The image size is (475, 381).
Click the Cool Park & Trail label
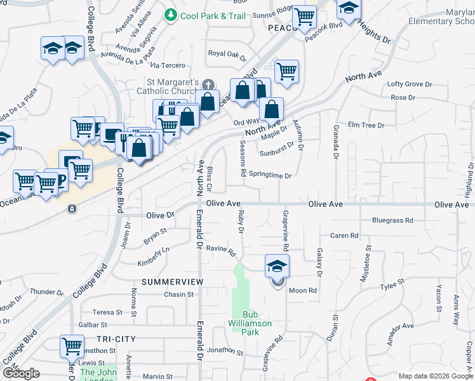pos(212,15)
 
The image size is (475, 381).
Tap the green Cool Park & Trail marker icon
pos(170,15)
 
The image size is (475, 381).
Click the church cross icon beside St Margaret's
pos(207,83)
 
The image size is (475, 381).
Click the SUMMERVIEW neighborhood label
pos(172,281)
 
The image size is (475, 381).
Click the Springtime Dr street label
pos(270,175)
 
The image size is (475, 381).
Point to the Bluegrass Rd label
pos(392,220)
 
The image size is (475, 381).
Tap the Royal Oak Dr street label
pos(227,55)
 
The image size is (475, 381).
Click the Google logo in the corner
pos(21,373)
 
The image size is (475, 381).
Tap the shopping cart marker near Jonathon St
pos(72,347)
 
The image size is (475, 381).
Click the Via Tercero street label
pos(168,65)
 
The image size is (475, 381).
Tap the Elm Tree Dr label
pos(366,125)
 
